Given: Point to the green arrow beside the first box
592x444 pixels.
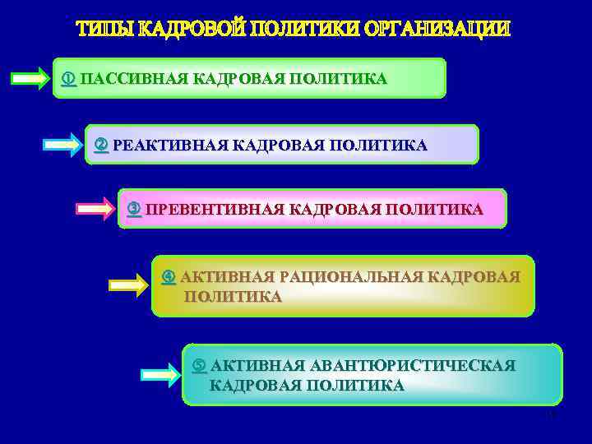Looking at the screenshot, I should coord(30,79).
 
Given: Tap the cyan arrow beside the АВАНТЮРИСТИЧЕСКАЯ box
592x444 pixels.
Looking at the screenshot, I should coord(160,375).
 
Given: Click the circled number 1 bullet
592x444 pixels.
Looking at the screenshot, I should coord(70,79).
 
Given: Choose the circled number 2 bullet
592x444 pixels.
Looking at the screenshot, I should coord(102,146).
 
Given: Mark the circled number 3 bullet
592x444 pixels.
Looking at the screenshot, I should coord(134,209).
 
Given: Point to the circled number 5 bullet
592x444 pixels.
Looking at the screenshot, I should coord(199,365).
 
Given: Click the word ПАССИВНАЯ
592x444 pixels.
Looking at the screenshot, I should coord(134,79).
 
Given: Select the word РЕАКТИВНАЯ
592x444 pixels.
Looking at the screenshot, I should coord(169,146).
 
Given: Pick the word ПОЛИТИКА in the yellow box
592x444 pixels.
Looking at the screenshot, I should coord(232,297).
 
